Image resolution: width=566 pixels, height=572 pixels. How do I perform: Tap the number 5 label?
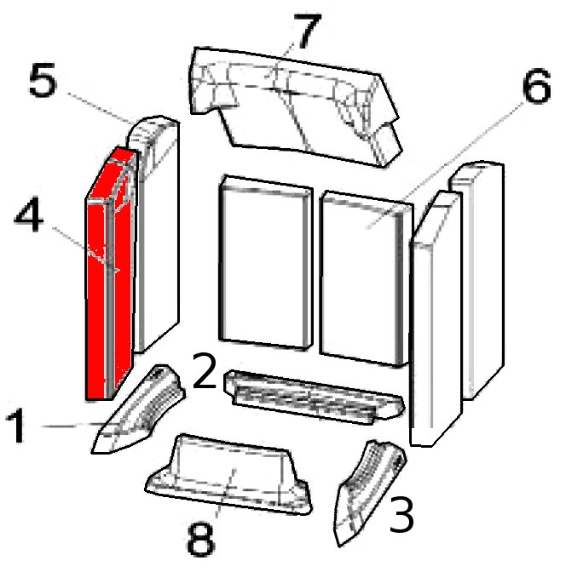tap(43, 80)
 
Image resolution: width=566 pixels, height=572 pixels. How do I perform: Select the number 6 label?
tap(536, 85)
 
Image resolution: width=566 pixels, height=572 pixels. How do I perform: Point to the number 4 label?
tap(29, 214)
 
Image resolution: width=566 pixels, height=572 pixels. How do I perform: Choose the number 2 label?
tap(205, 370)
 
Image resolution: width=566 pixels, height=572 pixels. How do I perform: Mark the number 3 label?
tap(401, 514)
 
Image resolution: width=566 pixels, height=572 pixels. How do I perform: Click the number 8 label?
tap(200, 539)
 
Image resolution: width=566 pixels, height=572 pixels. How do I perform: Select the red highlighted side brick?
tap(110, 273)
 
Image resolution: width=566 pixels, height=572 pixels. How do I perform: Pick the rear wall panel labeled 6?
tap(367, 278)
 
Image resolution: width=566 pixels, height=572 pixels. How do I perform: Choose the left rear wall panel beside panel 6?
tap(266, 263)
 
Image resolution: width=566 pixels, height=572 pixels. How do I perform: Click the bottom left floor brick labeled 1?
tap(138, 409)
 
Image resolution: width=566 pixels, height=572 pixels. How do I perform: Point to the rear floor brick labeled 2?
tap(315, 398)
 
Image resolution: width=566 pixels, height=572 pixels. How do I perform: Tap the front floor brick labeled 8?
tap(229, 474)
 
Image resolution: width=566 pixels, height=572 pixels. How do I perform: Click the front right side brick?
tap(436, 318)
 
